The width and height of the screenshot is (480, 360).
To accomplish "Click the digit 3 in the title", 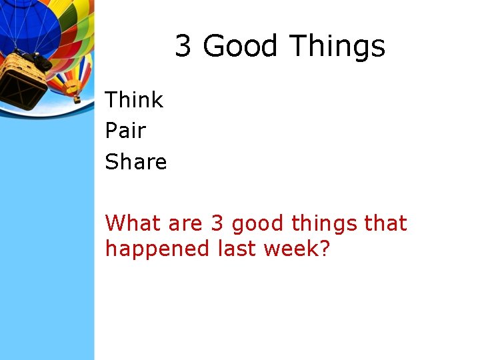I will click(x=183, y=47).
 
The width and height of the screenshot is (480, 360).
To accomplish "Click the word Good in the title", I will click(x=239, y=47).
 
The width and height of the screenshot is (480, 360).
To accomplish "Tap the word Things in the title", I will click(x=337, y=47).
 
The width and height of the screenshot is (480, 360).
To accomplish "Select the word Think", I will click(x=134, y=100).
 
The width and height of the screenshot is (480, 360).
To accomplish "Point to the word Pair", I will click(x=125, y=131).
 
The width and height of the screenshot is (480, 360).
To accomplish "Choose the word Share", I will click(x=136, y=161).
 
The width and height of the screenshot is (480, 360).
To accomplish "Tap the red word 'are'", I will click(x=184, y=223).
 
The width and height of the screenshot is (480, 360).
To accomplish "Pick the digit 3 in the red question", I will click(x=217, y=223).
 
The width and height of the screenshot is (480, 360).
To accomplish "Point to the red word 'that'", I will click(x=386, y=223).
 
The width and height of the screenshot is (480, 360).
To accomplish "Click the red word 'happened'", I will click(x=157, y=249).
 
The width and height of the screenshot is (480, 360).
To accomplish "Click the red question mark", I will click(x=325, y=249).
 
